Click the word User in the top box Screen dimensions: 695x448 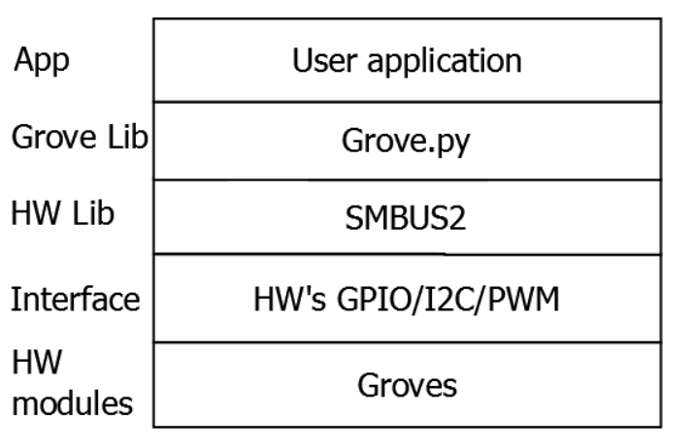pyautogui.click(x=324, y=60)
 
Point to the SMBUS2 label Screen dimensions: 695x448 pyautogui.click(x=406, y=218)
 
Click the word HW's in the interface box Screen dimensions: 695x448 pyautogui.click(x=290, y=299)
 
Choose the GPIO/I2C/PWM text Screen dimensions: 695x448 pyautogui.click(x=448, y=300)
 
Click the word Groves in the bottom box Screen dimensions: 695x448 pyautogui.click(x=408, y=385)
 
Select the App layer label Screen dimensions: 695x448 pyautogui.click(x=42, y=61)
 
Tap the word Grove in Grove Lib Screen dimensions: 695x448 pyautogui.click(x=53, y=137)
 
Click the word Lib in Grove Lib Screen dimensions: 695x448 pyautogui.click(x=128, y=137)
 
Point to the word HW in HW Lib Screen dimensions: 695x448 pyautogui.click(x=36, y=213)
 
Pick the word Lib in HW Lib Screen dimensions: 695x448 pyautogui.click(x=93, y=213)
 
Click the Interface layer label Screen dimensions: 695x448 pyautogui.click(x=76, y=299)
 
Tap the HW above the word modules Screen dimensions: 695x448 pyautogui.click(x=37, y=362)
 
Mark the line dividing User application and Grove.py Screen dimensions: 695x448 pyautogui.click(x=408, y=102)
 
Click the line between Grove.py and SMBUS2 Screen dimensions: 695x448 pyautogui.click(x=408, y=179)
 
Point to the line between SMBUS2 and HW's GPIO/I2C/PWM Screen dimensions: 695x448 pyautogui.click(x=408, y=254)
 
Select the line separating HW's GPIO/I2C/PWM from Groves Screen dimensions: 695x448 pyautogui.click(x=408, y=342)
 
